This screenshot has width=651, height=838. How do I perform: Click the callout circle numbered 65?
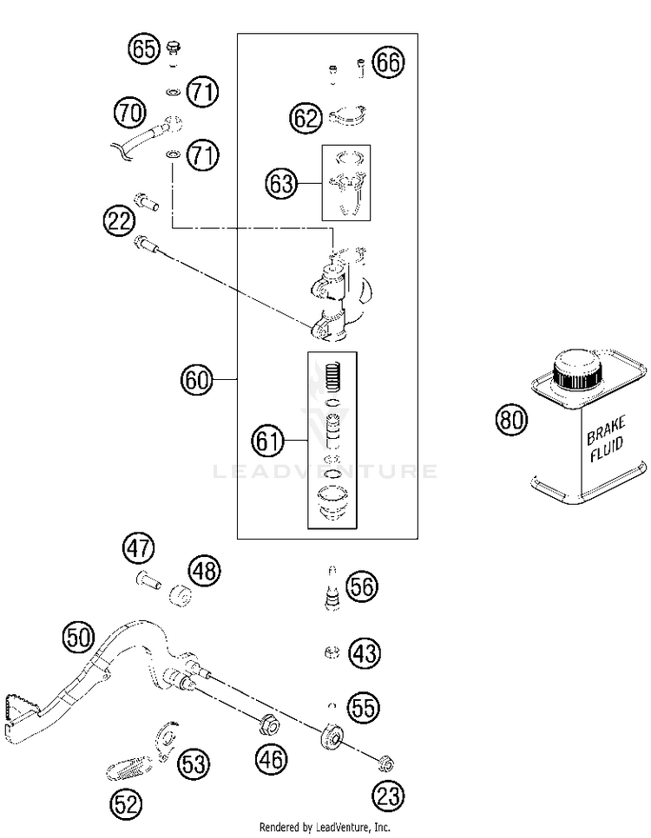click(x=144, y=49)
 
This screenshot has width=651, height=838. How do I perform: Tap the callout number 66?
click(x=388, y=62)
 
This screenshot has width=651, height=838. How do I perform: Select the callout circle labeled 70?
click(x=130, y=113)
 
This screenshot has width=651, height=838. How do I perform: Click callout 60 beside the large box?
click(x=196, y=380)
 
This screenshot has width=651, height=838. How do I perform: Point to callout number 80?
click(x=511, y=419)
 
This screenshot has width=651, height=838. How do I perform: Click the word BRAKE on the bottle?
click(x=606, y=431)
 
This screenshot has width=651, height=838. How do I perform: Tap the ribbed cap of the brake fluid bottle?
click(x=578, y=370)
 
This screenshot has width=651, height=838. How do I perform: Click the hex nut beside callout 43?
click(x=332, y=652)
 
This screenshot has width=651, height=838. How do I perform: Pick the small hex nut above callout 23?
click(x=386, y=763)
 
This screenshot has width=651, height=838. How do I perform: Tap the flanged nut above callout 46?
click(x=269, y=725)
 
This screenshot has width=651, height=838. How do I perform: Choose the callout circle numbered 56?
click(x=362, y=586)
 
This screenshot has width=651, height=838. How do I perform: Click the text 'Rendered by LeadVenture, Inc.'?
click(x=325, y=828)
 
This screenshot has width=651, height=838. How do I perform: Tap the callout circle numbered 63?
click(x=281, y=184)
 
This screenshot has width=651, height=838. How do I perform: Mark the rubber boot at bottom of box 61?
click(x=332, y=501)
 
